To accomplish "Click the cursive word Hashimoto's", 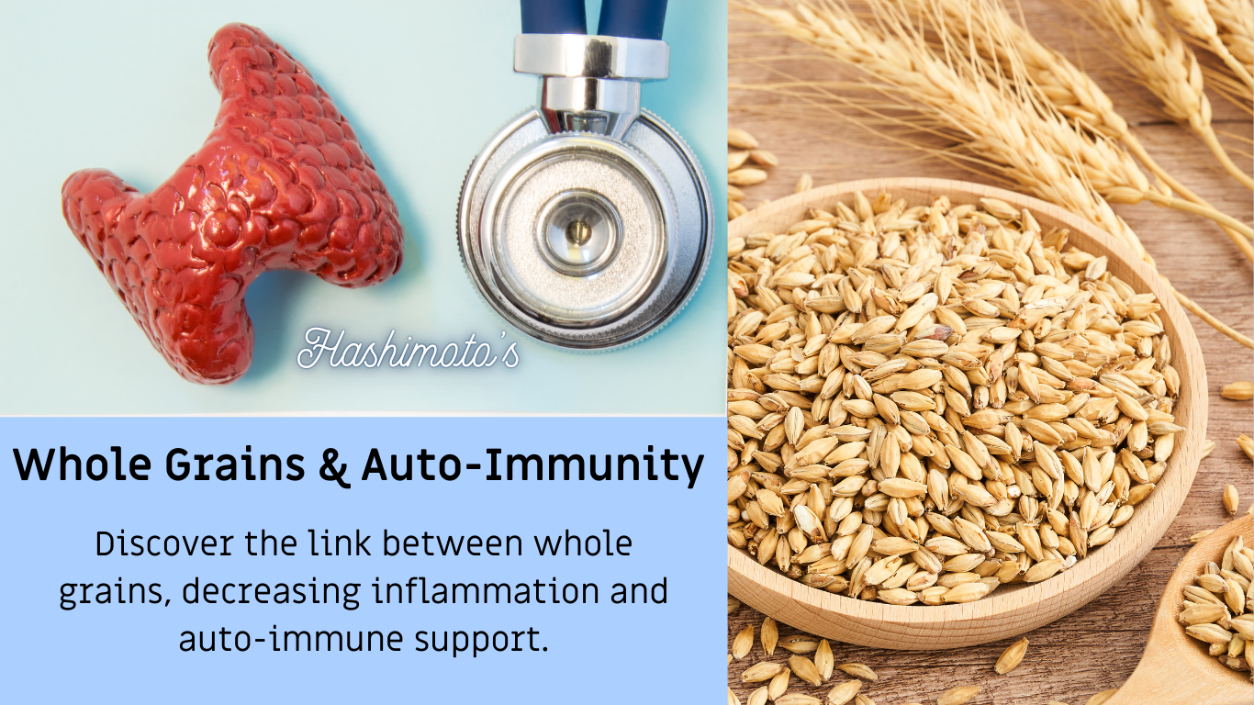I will coord(408,350).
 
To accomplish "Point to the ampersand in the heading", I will coord(337,465).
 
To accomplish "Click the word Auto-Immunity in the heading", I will coord(532,465).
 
